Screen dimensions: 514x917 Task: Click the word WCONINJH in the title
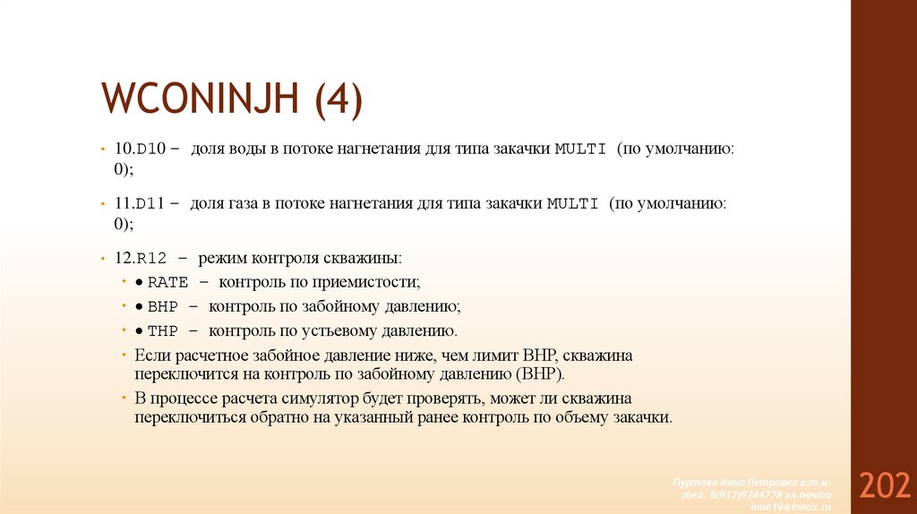201,99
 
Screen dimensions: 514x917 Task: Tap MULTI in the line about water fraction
581,149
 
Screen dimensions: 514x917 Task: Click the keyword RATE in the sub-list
167,282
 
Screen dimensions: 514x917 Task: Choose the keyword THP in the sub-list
163,330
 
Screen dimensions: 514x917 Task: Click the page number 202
884,486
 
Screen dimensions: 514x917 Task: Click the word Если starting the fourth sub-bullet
150,355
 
